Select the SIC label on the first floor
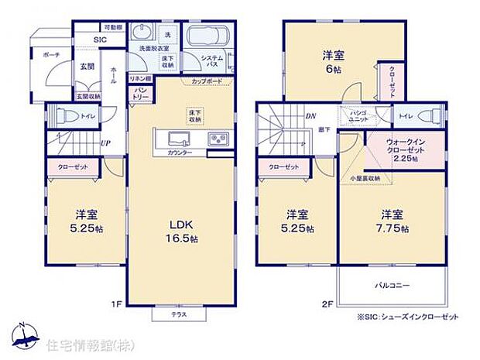[x=101, y=40]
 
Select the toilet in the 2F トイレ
[x=427, y=117]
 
